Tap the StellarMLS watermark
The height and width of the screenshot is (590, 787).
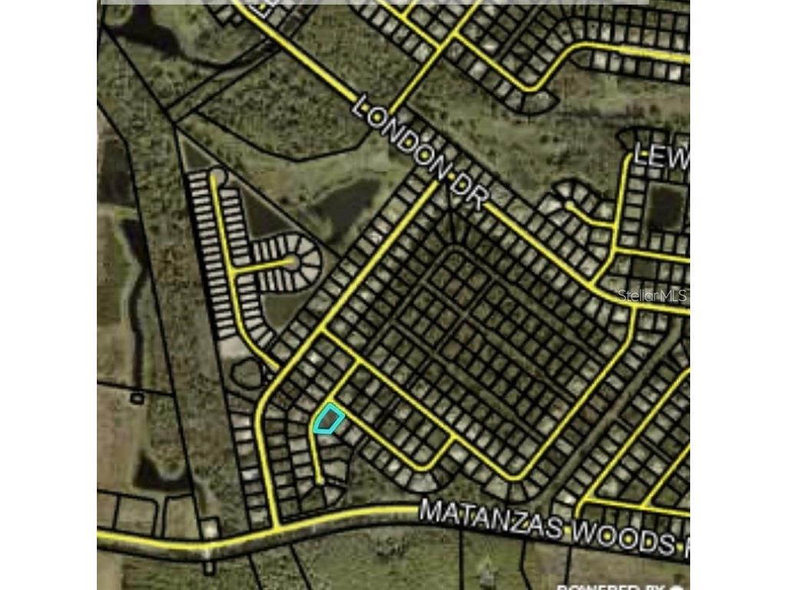[652, 296]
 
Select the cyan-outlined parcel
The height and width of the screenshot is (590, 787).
[328, 419]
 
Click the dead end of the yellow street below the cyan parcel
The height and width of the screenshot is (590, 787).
[320, 482]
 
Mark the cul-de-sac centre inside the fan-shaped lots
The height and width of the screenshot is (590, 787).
[293, 262]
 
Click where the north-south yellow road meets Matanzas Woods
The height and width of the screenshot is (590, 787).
[276, 527]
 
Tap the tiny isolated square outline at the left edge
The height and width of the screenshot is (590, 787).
[137, 398]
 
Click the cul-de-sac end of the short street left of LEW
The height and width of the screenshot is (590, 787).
[569, 206]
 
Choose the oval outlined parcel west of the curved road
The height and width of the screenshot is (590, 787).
[247, 376]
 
